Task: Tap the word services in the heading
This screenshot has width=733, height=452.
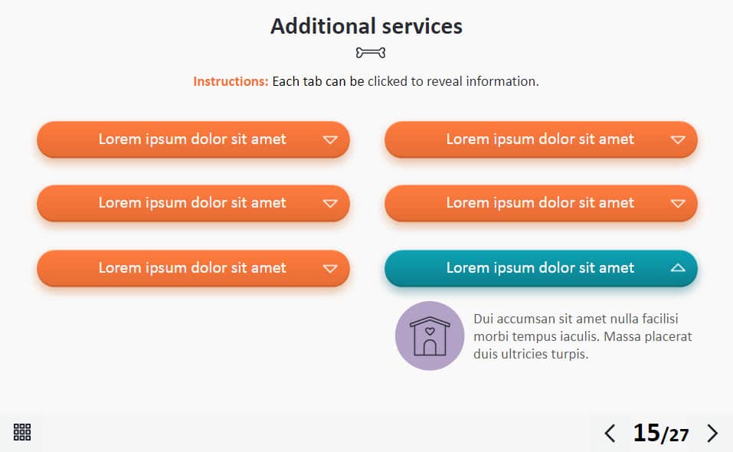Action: pos(422,27)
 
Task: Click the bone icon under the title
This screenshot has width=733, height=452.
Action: pos(371,53)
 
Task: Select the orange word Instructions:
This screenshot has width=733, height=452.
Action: pos(231,81)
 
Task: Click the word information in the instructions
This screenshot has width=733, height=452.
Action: pos(502,81)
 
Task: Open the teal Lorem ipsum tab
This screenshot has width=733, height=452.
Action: pos(541,268)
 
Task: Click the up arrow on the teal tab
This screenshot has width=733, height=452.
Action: pos(678,268)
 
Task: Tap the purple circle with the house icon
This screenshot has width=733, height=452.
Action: pos(430,336)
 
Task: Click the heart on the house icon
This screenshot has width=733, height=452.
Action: pos(430,331)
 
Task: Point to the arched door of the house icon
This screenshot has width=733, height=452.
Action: pos(430,347)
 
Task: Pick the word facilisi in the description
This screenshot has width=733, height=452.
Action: pos(659,319)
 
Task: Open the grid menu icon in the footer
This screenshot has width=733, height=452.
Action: pos(22,432)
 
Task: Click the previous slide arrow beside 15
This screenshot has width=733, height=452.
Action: pos(610,434)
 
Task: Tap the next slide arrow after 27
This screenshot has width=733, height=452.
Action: pos(712,434)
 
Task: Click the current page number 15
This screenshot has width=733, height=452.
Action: pos(646,433)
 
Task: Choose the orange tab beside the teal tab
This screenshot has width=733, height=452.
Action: pos(193,268)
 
